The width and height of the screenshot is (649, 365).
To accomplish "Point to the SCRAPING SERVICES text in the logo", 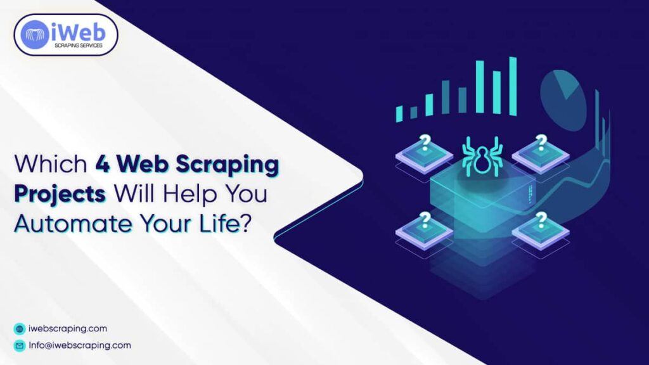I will tap(84, 46).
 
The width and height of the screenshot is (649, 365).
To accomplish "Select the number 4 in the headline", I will tap(103, 165).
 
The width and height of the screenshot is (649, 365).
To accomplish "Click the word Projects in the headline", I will tap(61, 194).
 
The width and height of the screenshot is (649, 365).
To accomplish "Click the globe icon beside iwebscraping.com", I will tap(19, 329).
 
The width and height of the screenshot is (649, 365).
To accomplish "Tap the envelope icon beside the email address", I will tap(19, 346).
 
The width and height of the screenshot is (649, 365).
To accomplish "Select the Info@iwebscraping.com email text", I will tap(80, 345).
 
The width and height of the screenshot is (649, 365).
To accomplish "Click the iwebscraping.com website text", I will tap(68, 329).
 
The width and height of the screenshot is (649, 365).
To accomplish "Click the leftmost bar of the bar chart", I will tap(399, 113).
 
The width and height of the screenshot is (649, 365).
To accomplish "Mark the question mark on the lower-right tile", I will tap(541, 219).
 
